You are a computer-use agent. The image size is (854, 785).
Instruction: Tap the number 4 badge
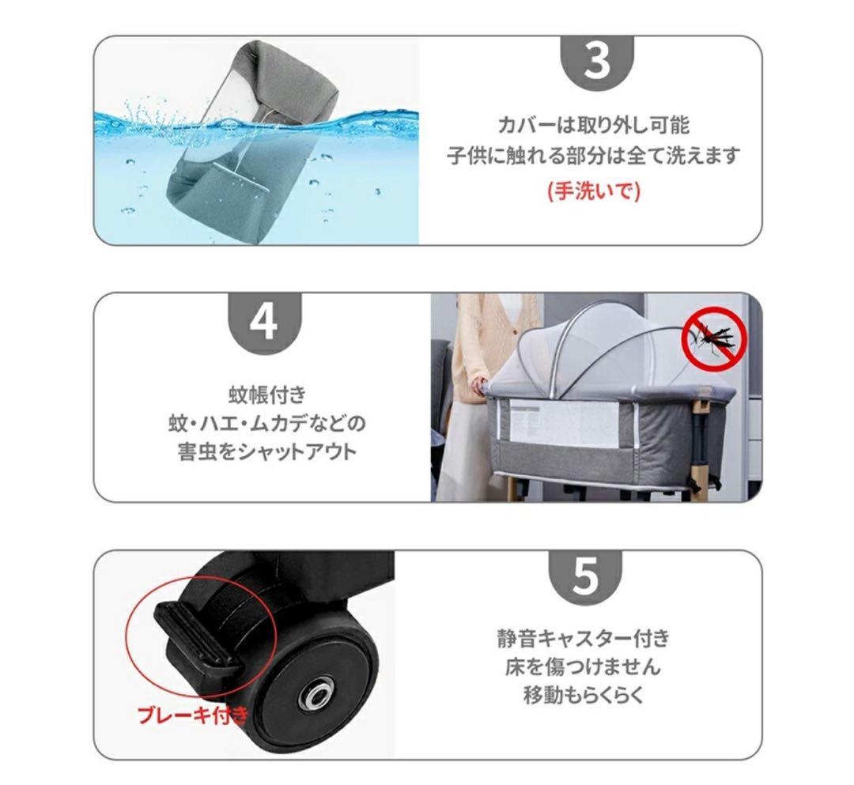(264, 321)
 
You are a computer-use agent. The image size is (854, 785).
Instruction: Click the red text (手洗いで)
(593, 191)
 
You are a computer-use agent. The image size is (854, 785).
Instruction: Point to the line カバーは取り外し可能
(593, 125)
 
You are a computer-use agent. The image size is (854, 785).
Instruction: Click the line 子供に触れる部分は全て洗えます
(593, 156)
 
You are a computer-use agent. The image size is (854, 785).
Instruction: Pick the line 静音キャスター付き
(583, 637)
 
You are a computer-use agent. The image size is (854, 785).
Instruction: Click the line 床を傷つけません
(583, 666)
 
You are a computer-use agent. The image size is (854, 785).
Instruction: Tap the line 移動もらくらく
(583, 696)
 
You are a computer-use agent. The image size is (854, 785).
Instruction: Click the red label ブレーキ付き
(192, 716)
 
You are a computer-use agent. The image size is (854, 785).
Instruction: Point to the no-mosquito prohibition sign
(714, 338)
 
